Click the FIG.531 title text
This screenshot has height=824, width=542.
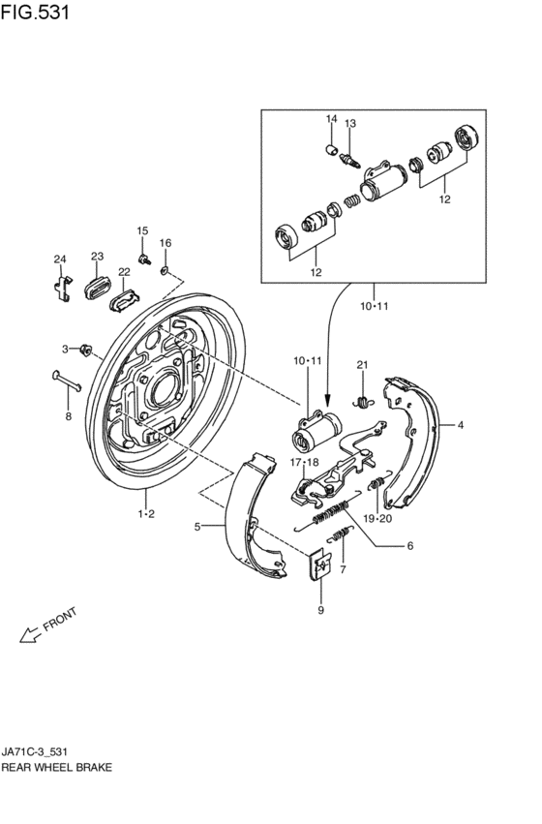point(35,12)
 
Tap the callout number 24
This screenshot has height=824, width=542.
point(60,259)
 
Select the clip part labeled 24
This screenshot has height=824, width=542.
point(63,288)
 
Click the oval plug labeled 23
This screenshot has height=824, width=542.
point(97,288)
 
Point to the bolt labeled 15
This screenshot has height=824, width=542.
point(144,259)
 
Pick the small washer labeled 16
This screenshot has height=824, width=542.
point(165,271)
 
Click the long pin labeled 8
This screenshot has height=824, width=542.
point(67,381)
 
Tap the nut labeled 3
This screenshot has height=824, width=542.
point(85,349)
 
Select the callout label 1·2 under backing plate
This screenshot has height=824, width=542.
point(146,513)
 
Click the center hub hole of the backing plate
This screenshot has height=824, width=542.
point(164,390)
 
